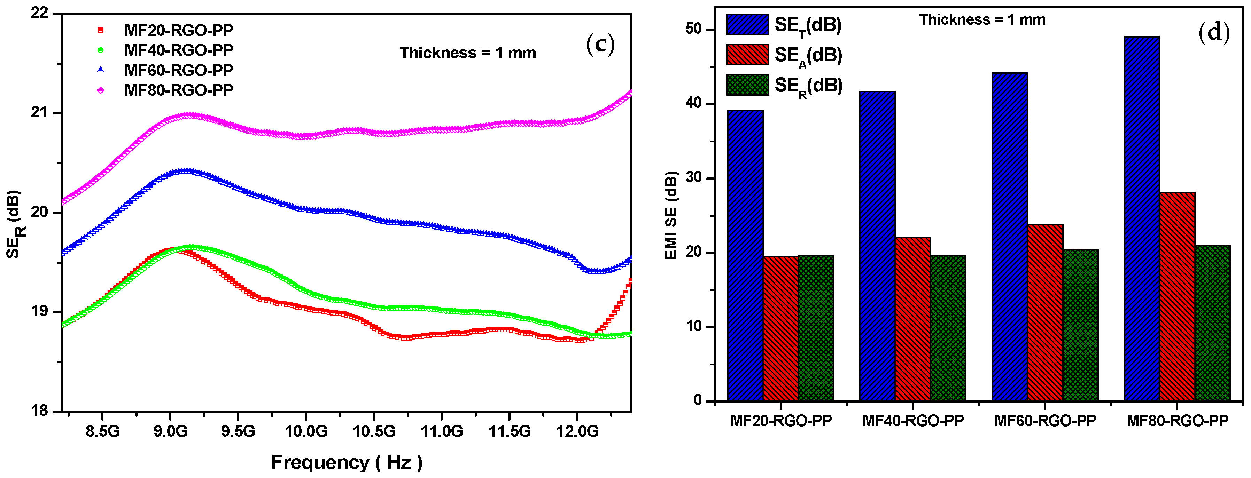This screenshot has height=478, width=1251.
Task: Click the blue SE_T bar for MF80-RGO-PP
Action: point(1141,218)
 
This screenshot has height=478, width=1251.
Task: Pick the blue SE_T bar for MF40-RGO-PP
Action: point(877,246)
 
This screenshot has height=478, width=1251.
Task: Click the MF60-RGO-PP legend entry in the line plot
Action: point(178,70)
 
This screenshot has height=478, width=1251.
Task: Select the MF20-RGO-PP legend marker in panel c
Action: point(101,30)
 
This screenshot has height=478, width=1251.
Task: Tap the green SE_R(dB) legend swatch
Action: point(747,85)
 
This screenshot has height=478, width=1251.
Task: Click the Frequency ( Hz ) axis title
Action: point(346,462)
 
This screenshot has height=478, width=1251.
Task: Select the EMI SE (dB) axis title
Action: point(671,215)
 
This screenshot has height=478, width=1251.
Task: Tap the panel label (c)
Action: point(600,44)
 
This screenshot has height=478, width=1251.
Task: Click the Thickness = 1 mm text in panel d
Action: point(982,20)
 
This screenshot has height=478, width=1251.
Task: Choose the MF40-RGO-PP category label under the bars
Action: point(912,421)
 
